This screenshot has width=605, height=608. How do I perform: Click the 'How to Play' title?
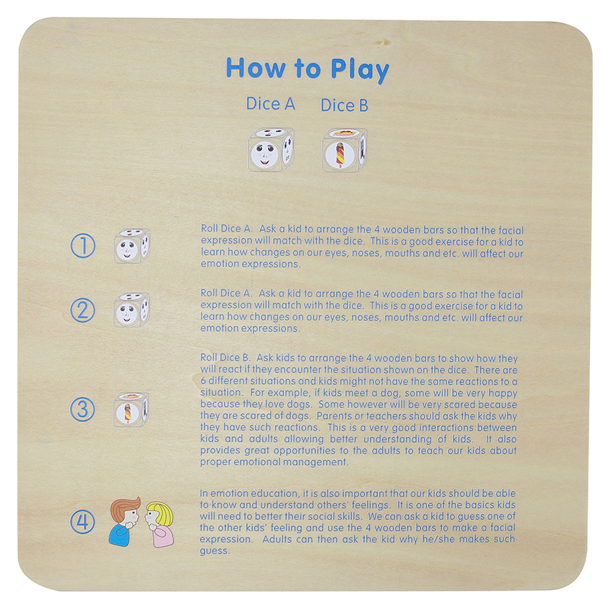click(308, 69)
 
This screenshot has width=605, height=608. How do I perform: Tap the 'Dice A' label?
click(271, 104)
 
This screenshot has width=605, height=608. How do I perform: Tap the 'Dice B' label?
click(344, 105)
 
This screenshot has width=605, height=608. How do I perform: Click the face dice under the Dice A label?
click(271, 150)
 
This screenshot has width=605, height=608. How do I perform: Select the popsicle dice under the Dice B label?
click(344, 150)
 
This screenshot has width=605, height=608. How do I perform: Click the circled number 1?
click(82, 245)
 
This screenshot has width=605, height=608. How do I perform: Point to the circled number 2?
click(82, 310)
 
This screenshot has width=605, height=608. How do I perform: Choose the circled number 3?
click(82, 409)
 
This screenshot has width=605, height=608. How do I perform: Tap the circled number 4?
click(82, 521)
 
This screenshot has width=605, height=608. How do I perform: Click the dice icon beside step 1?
click(132, 246)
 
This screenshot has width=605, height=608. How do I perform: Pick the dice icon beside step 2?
click(131, 310)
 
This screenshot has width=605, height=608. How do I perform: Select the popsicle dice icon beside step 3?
click(131, 410)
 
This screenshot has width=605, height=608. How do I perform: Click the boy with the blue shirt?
click(125, 521)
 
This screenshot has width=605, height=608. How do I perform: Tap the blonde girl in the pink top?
click(160, 524)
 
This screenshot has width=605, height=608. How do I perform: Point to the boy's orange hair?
click(124, 508)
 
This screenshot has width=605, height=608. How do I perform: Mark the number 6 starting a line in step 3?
click(204, 381)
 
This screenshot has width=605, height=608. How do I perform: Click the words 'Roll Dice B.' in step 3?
click(225, 357)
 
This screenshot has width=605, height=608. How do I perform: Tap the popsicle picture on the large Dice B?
click(340, 155)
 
